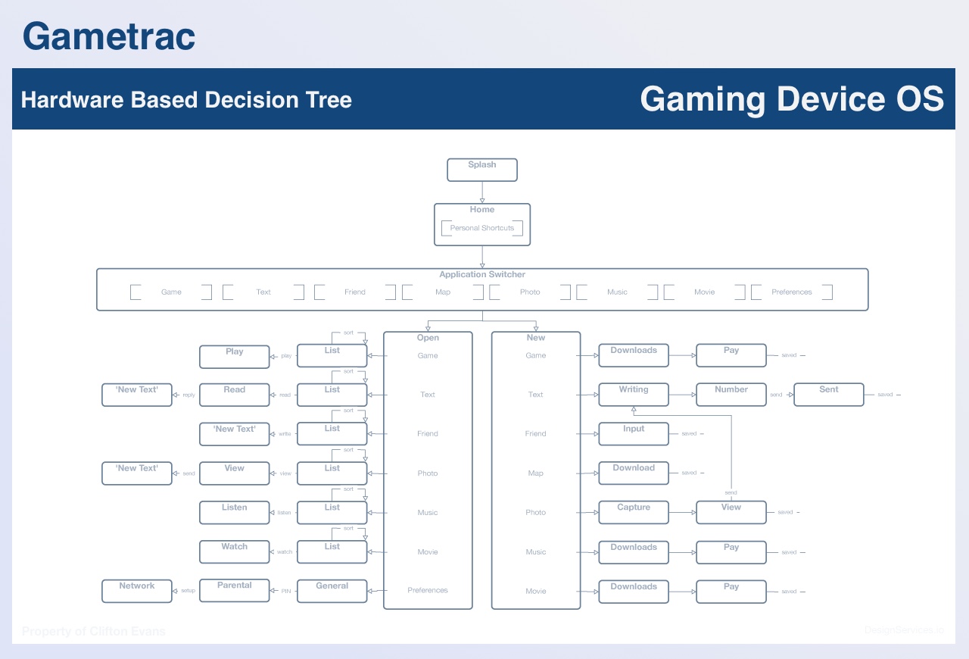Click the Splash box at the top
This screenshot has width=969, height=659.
point(482,170)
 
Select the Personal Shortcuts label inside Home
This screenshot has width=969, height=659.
point(482,228)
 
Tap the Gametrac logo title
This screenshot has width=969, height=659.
point(109,36)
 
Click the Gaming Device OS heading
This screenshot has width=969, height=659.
point(792,99)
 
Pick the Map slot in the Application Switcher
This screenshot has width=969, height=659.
point(443,292)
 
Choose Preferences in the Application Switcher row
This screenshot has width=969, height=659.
point(792,292)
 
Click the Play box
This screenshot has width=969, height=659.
point(235,356)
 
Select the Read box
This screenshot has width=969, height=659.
point(235,395)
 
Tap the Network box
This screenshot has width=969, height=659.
point(137,591)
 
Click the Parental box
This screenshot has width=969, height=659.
point(235,591)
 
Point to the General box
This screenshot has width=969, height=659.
point(332,591)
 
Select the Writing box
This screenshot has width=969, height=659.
point(634,395)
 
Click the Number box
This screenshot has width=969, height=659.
point(731,395)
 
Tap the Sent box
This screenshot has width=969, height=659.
point(829,395)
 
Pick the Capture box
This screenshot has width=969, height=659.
point(634,512)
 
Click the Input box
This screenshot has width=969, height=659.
point(634,433)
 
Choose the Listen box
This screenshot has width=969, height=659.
point(235,512)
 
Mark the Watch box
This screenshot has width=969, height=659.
point(235,551)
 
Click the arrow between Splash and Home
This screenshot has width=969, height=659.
point(482,192)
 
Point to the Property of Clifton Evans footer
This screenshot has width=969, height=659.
point(94,631)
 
